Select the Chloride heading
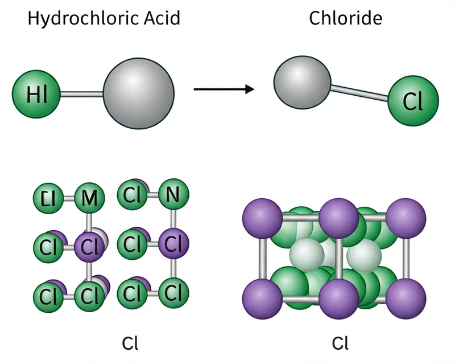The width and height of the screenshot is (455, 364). click(345, 18)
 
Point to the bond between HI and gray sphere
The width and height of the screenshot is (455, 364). click(82, 93)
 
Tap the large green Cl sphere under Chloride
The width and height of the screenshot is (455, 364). click(413, 101)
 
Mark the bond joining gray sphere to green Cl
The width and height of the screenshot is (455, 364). click(359, 91)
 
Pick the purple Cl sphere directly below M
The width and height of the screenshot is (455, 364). click(89, 246)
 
